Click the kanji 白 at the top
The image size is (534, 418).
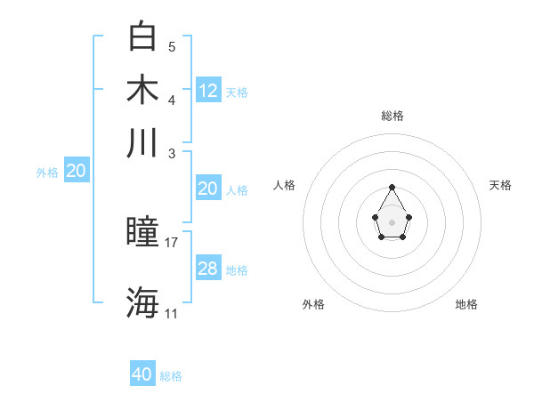(143, 36)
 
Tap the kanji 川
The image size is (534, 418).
(143, 142)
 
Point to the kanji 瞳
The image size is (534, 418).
(143, 233)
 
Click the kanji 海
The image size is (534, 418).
(143, 302)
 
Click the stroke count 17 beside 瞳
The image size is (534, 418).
(172, 242)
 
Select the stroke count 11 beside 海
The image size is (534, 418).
(172, 313)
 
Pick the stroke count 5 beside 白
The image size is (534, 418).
(172, 46)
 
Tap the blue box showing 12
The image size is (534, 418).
(208, 90)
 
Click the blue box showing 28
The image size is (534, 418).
(208, 269)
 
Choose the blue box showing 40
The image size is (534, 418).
(142, 374)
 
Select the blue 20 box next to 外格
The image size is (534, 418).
(76, 172)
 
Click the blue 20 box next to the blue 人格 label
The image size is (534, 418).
(208, 189)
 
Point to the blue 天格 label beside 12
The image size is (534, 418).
(237, 92)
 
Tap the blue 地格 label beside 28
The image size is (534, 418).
(237, 270)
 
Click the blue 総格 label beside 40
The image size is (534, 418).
(171, 376)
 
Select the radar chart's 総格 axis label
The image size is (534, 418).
(392, 116)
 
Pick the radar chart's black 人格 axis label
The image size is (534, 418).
(285, 185)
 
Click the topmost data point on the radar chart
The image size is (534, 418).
(392, 187)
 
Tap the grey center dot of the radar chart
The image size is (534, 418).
(392, 221)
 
